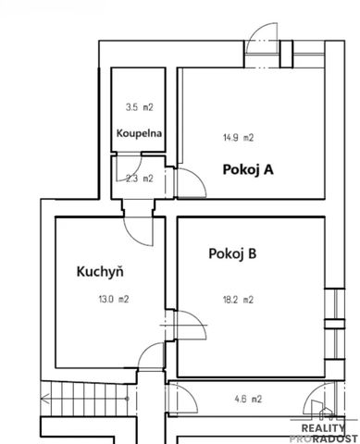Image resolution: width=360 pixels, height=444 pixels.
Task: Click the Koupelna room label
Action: coord(140,133)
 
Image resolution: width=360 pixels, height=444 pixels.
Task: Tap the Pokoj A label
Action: coord(247,169)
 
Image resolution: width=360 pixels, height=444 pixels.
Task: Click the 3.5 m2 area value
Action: coord(138,107)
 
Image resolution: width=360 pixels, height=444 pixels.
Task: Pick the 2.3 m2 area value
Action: coord(139,179)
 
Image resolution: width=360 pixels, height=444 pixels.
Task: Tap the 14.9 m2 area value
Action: coord(238,138)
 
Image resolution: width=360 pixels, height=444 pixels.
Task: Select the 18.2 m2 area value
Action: coord(237,299)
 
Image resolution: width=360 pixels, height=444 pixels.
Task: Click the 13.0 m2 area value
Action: coord(114,299)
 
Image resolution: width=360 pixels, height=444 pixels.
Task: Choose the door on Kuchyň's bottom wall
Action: coord(148,363)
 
